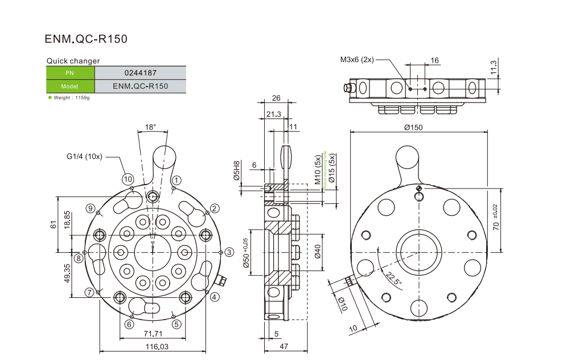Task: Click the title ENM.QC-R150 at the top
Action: pos(86,39)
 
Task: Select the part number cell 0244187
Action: pos(140,73)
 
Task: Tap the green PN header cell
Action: pos(69,73)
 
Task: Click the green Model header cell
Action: pos(69,87)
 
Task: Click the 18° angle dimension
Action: pos(150,127)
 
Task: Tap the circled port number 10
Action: pos(128,179)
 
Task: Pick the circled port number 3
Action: pos(228,252)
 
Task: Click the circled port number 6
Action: pos(130,324)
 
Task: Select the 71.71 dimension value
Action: pos(152,334)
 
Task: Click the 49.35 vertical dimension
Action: pos(67,273)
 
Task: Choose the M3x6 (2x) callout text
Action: pos(357,59)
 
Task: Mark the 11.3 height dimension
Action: pos(494,67)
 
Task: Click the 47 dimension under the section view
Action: pos(283,346)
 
